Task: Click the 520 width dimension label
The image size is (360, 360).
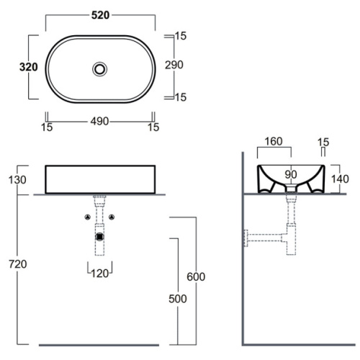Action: (100, 15)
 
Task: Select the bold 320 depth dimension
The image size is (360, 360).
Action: (29, 67)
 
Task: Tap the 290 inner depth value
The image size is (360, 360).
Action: (174, 65)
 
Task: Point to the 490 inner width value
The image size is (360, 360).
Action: (99, 122)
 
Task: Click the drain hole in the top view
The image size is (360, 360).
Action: (100, 69)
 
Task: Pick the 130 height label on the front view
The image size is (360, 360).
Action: (17, 180)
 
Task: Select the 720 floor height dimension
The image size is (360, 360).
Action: (18, 264)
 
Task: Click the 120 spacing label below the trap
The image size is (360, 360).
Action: (100, 274)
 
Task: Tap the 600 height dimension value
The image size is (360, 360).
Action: (196, 276)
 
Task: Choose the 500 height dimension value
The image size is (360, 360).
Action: (178, 299)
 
